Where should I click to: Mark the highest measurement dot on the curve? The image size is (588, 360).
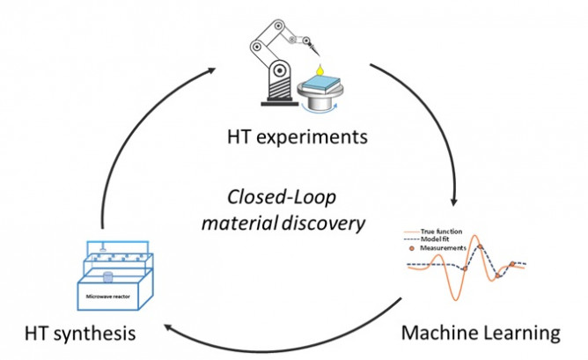point(476,251)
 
